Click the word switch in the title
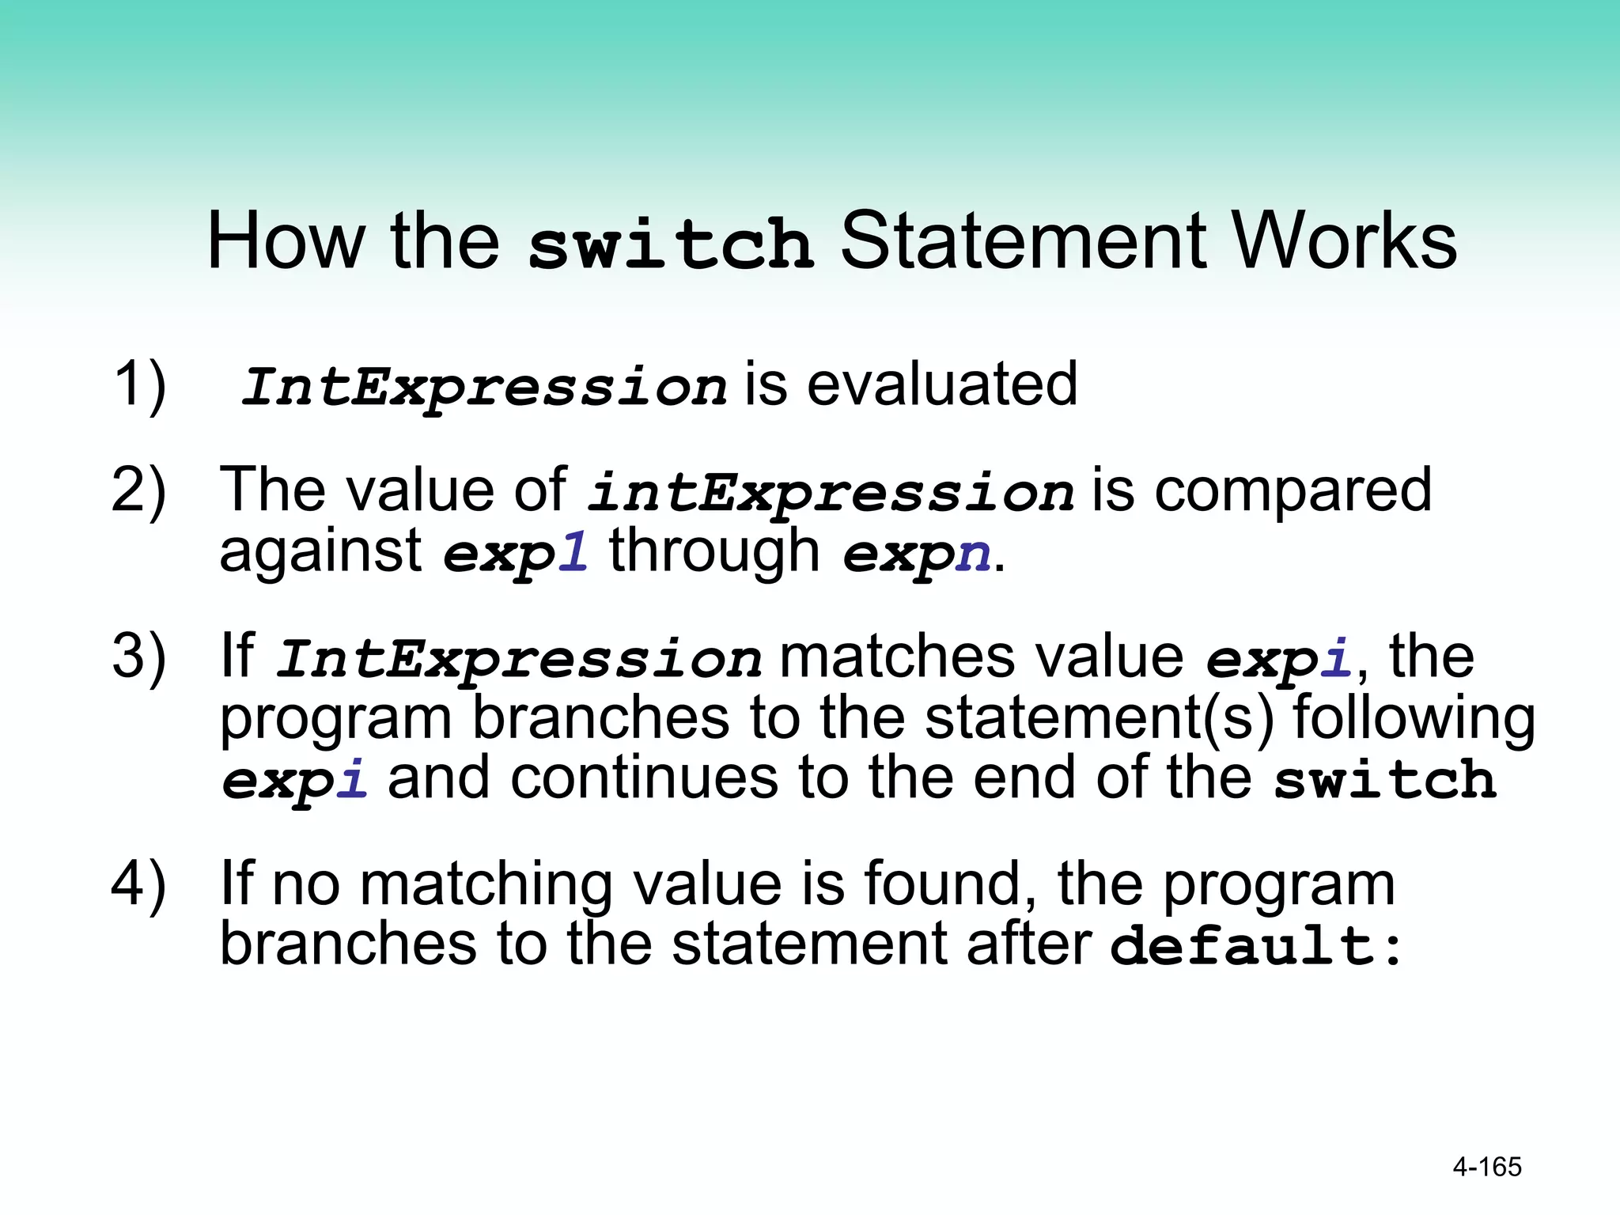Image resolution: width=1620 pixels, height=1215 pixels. click(x=670, y=243)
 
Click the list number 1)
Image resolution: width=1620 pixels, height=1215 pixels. click(x=139, y=385)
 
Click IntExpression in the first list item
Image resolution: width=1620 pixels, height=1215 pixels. click(x=483, y=387)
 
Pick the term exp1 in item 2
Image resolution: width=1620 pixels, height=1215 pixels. click(x=515, y=553)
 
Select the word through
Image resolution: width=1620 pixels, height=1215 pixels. click(x=713, y=551)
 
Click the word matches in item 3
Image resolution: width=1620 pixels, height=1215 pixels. click(x=896, y=657)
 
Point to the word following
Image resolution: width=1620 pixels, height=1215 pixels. click(x=1413, y=718)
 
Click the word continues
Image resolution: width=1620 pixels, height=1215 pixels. click(x=645, y=778)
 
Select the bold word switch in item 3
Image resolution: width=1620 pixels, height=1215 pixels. click(x=1385, y=780)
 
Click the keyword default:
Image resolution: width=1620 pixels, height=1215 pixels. click(x=1255, y=945)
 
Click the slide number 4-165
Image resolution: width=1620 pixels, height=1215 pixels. click(x=1486, y=1167)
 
